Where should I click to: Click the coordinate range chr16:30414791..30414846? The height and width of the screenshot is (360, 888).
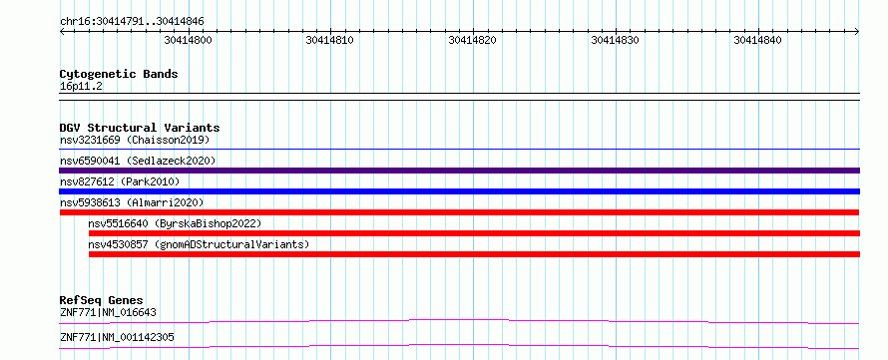tap(132, 22)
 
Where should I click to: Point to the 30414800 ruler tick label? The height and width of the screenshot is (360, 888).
tap(188, 40)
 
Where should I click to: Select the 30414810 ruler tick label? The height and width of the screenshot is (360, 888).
tap(329, 40)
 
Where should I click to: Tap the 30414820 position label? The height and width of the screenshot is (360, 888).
tap(472, 40)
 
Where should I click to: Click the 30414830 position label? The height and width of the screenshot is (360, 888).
tap(615, 40)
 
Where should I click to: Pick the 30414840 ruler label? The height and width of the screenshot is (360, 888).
tap(757, 40)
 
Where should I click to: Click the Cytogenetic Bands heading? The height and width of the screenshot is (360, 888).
tap(119, 74)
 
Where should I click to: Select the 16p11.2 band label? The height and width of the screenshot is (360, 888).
tap(81, 87)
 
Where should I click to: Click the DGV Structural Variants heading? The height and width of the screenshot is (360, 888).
tap(140, 128)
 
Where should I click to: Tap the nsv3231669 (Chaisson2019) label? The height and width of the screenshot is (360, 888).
tap(135, 140)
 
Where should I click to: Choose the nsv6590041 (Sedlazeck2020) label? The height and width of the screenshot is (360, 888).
tap(138, 161)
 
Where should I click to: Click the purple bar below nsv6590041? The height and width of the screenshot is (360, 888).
tap(459, 171)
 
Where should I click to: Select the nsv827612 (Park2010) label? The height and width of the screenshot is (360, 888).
tap(120, 181)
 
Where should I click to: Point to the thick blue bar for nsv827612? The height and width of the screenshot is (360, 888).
tap(459, 191)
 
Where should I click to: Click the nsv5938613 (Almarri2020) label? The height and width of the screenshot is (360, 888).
tap(132, 202)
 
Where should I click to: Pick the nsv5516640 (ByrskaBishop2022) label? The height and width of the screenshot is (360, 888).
tap(175, 223)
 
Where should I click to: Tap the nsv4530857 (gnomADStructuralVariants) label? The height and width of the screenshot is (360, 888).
tap(199, 244)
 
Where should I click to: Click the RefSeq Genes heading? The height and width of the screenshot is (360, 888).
tap(102, 300)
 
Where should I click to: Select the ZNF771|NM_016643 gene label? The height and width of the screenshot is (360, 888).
tap(108, 312)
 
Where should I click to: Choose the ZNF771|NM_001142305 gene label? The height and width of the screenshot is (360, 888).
tap(117, 338)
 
